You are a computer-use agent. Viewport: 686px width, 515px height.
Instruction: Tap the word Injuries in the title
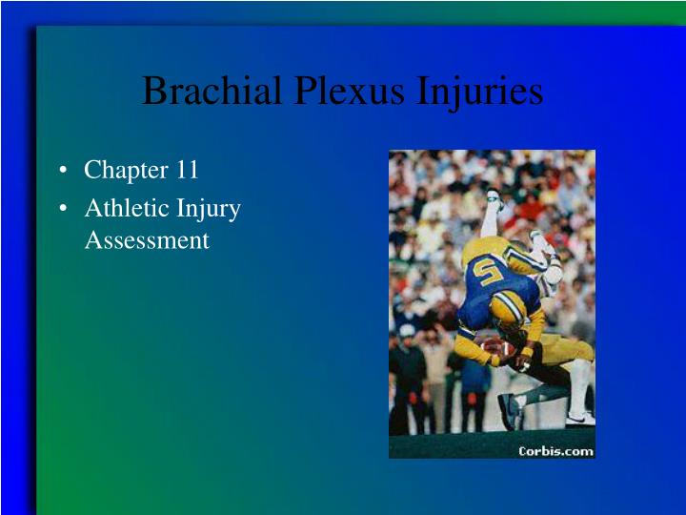pyautogui.click(x=480, y=93)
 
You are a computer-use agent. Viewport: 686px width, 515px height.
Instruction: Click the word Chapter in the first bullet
pyautogui.click(x=126, y=171)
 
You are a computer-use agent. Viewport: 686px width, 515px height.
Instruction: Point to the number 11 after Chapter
pyautogui.click(x=186, y=170)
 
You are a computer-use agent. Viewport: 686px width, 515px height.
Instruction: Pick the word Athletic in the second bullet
pyautogui.click(x=124, y=208)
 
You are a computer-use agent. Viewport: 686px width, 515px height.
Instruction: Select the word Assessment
pyautogui.click(x=146, y=240)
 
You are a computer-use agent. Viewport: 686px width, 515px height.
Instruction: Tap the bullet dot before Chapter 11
pyautogui.click(x=63, y=172)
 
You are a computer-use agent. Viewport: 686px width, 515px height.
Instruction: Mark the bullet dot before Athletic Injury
pyautogui.click(x=63, y=209)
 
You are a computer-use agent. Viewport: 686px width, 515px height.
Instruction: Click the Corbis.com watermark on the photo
pyautogui.click(x=555, y=450)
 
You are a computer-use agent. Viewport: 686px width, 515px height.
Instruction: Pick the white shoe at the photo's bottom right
pyautogui.click(x=580, y=417)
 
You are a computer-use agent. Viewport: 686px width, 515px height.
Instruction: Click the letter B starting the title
pyautogui.click(x=153, y=93)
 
